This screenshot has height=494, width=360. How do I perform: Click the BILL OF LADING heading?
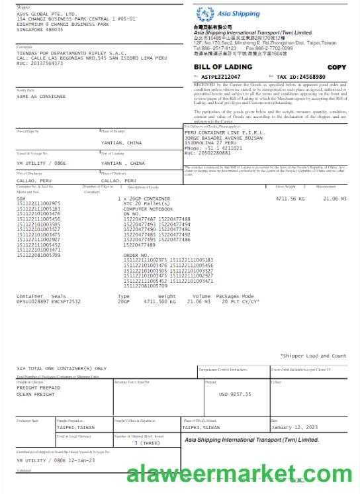point(223,67)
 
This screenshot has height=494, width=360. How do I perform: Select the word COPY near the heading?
point(336,68)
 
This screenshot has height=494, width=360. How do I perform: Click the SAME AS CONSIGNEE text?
point(41,96)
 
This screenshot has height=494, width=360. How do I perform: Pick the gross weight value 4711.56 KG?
point(290,198)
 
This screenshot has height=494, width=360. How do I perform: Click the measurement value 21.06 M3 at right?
point(334,198)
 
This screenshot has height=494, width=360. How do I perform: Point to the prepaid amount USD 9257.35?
point(235,394)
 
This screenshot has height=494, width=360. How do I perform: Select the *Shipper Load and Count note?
point(313,356)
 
